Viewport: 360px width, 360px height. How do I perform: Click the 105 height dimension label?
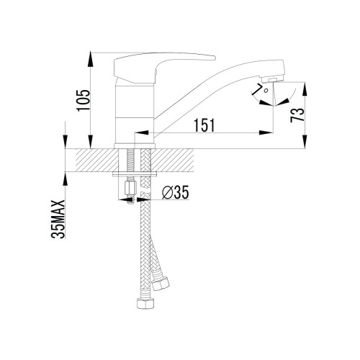click(x=84, y=100)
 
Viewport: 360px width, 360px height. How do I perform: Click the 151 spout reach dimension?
click(x=204, y=125)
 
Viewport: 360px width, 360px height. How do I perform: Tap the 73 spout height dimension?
click(x=297, y=115)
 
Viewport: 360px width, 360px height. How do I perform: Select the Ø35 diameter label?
click(x=176, y=192)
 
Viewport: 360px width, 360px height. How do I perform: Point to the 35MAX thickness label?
click(x=58, y=219)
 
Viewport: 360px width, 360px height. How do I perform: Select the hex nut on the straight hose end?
click(x=145, y=303)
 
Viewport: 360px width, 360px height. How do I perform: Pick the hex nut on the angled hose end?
click(x=161, y=284)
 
